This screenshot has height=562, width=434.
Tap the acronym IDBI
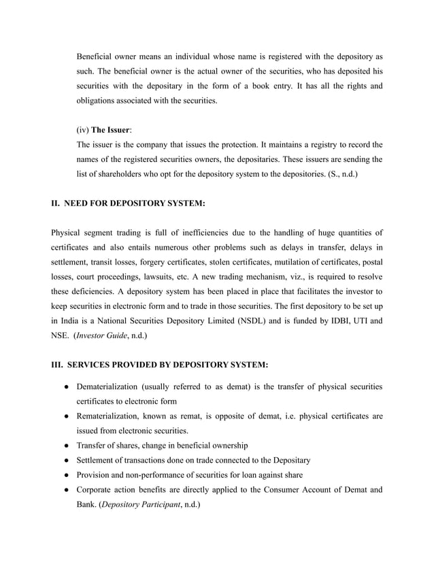(x=335, y=320)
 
